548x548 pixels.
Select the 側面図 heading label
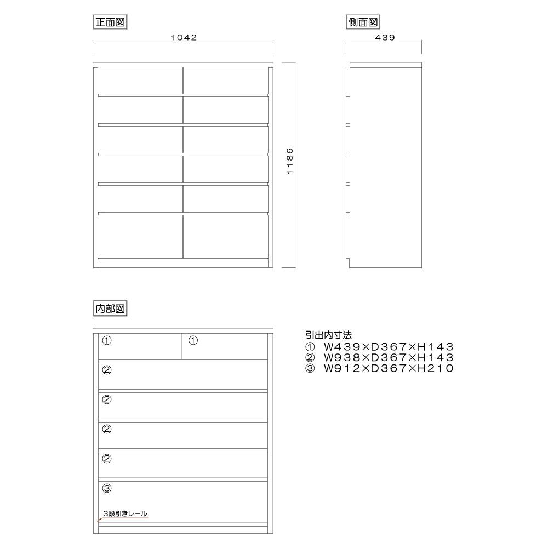(x=363, y=22)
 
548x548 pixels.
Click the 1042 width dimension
(x=183, y=37)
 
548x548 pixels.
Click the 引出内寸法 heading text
(x=328, y=334)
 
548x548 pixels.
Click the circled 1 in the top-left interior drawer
(x=107, y=340)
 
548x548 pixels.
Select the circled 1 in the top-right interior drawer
(x=192, y=340)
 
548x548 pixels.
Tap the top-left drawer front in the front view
(x=140, y=81)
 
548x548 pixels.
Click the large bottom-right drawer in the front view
(x=226, y=236)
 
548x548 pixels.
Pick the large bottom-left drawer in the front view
(x=140, y=236)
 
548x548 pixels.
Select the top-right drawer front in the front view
(x=226, y=81)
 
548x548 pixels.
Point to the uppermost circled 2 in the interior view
(x=107, y=370)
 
